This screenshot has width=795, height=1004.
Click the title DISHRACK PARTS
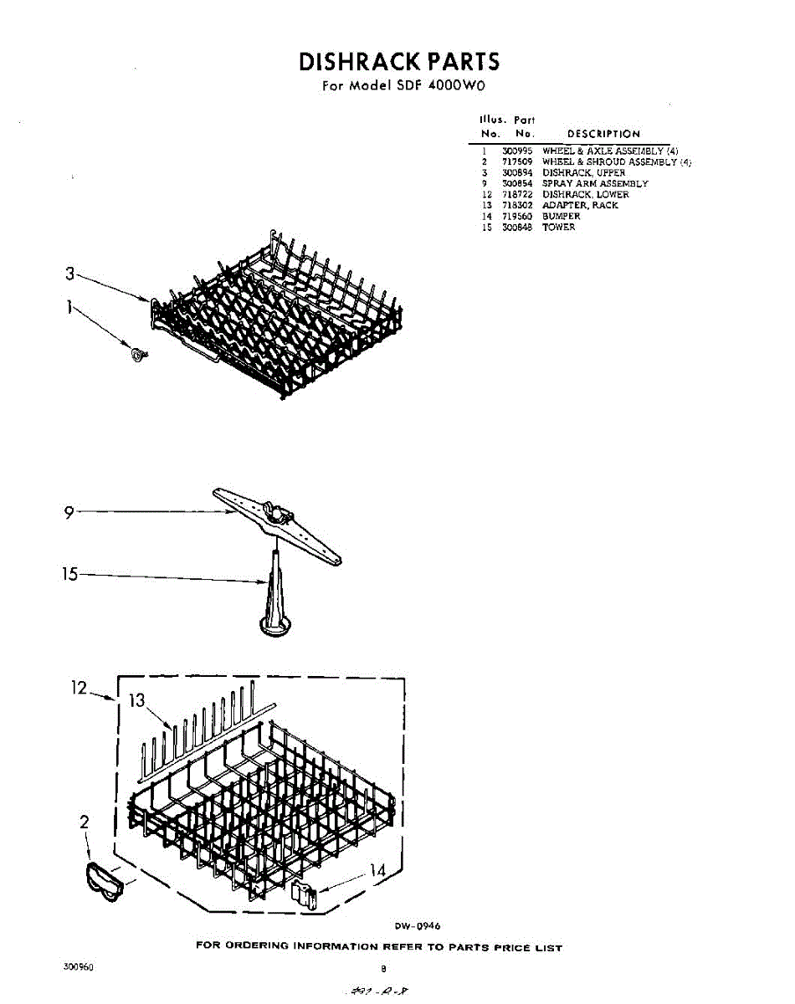click(x=398, y=62)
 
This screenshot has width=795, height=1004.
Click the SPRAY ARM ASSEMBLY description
click(x=595, y=183)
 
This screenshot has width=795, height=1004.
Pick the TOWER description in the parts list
click(x=559, y=228)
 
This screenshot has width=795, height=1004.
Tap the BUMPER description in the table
click(x=561, y=217)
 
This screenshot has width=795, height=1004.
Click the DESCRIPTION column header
click(x=603, y=134)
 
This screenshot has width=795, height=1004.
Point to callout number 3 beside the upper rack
click(x=70, y=274)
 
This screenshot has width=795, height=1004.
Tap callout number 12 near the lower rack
click(x=79, y=688)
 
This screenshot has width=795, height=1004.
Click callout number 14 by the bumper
click(x=377, y=871)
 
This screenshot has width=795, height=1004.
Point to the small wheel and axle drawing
click(x=135, y=355)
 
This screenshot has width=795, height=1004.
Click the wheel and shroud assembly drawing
click(x=103, y=879)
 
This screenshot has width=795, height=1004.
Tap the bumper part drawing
click(x=304, y=895)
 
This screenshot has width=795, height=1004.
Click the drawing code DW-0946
click(x=418, y=925)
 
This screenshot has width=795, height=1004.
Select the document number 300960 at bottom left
click(x=78, y=966)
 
